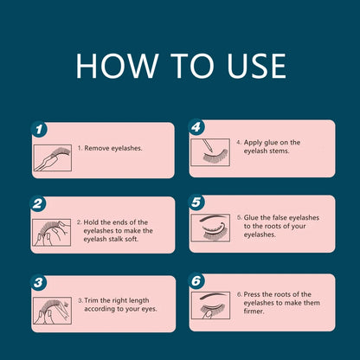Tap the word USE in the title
point(256,66)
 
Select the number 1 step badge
point(39,130)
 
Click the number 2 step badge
point(38,204)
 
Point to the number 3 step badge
point(38,283)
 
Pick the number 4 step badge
point(196,127)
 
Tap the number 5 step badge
point(196,202)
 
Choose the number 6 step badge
point(196,280)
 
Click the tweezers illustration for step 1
point(53,157)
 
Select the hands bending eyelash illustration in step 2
point(52,233)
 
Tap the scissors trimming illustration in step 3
point(53,311)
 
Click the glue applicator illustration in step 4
point(210,152)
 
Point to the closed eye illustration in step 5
point(210,228)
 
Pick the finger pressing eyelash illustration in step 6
point(210,305)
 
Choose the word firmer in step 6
point(254,312)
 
